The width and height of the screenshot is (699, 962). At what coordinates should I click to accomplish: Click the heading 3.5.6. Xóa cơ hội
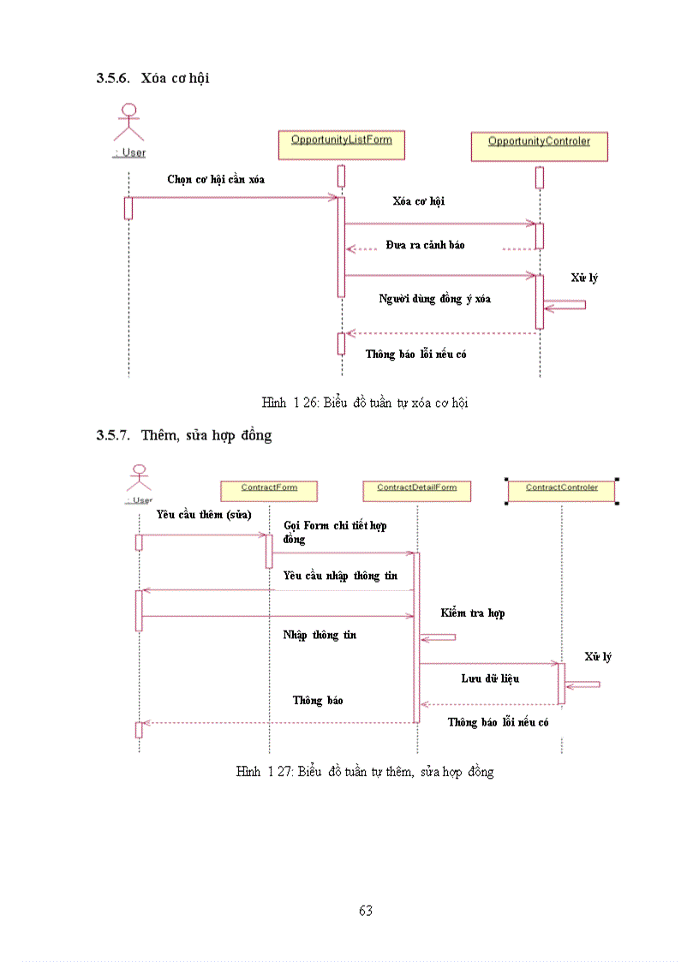coord(152,78)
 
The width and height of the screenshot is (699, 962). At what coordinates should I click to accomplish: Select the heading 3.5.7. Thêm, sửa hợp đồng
coord(183,435)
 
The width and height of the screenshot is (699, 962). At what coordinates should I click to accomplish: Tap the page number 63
coord(366,911)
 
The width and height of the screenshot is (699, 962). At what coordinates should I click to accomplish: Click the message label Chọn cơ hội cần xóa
coord(216,179)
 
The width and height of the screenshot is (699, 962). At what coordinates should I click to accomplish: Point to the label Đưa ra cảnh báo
coord(425,245)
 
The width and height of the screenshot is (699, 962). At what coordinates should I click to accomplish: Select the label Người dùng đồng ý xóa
coord(434,299)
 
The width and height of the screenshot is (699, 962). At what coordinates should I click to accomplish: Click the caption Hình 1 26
coord(365,402)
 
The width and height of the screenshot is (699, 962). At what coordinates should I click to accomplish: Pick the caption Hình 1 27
coord(365,772)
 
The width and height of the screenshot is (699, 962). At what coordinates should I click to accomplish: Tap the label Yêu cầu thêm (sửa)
coord(204,515)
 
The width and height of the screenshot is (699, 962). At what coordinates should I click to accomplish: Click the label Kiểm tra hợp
coord(473,613)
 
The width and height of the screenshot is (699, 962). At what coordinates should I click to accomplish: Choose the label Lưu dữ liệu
coord(490,678)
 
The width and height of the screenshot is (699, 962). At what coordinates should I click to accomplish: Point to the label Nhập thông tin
coord(320,635)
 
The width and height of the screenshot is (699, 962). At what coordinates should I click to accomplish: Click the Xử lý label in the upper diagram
coord(584,278)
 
